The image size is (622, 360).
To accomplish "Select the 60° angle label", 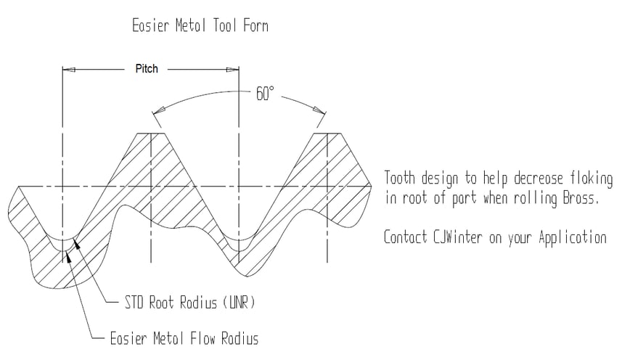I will coord(265,94).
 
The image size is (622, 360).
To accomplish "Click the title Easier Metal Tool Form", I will coord(200,27).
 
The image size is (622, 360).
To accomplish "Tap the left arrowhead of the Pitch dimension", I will coord(70,70).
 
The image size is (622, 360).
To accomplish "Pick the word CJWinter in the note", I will coord(462,237).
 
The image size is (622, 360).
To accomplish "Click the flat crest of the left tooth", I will coord(150,134).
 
